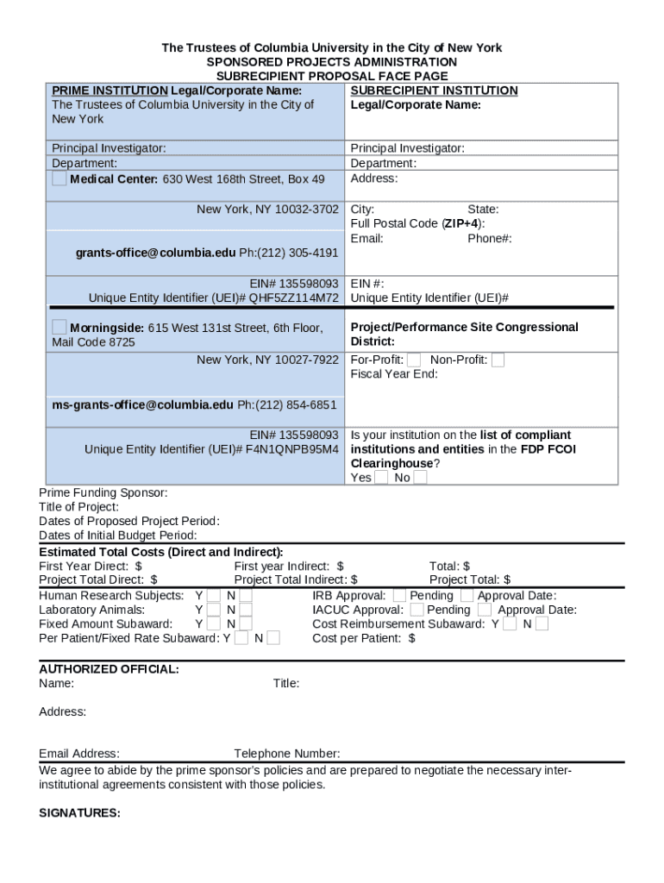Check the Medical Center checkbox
tap(59, 178)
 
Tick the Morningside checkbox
tap(59, 327)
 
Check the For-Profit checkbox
tap(414, 360)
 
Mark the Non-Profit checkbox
tap(498, 360)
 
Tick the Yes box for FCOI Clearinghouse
tap(381, 478)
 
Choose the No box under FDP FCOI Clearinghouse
tap(420, 478)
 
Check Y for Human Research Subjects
tap(213, 596)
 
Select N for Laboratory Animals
tap(246, 610)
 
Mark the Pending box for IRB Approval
tap(399, 595)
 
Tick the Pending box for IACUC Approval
tap(417, 610)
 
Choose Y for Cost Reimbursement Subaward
tap(511, 623)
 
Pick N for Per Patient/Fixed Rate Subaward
tap(273, 638)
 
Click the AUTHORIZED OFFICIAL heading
tap(109, 669)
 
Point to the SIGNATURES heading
tap(79, 813)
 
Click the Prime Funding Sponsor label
tap(103, 493)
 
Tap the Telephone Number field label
tap(286, 754)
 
